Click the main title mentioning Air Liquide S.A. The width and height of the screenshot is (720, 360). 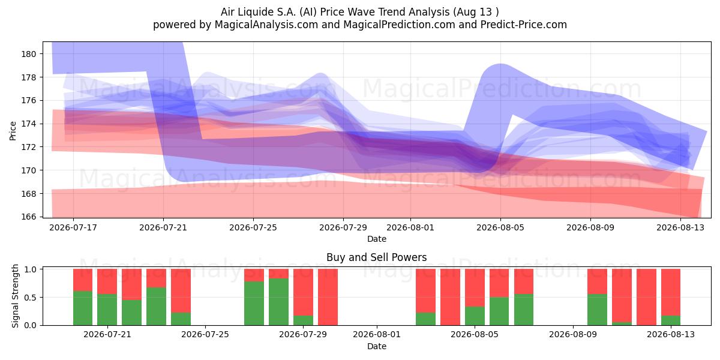359,12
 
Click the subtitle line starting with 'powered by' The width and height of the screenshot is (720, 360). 359,25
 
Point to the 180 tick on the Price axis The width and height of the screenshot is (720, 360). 29,54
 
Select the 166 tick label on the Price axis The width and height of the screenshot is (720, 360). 29,217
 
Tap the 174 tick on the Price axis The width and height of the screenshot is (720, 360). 29,124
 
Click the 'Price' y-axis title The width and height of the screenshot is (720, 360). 13,131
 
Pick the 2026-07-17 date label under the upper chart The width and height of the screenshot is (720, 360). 73,227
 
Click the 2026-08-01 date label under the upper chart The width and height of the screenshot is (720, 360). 410,227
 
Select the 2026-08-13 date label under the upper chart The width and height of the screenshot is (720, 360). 680,227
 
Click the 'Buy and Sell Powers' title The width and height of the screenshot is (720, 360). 376,257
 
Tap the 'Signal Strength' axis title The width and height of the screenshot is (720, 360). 15,296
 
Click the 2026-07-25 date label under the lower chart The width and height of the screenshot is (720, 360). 205,335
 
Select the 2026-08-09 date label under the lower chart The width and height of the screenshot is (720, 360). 573,335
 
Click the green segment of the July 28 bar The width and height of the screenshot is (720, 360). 278,302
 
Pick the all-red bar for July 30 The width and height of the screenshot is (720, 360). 328,297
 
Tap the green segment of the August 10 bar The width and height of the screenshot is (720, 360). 597,310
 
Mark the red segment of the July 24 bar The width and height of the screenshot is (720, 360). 181,290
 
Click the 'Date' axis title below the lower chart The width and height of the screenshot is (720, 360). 377,346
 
